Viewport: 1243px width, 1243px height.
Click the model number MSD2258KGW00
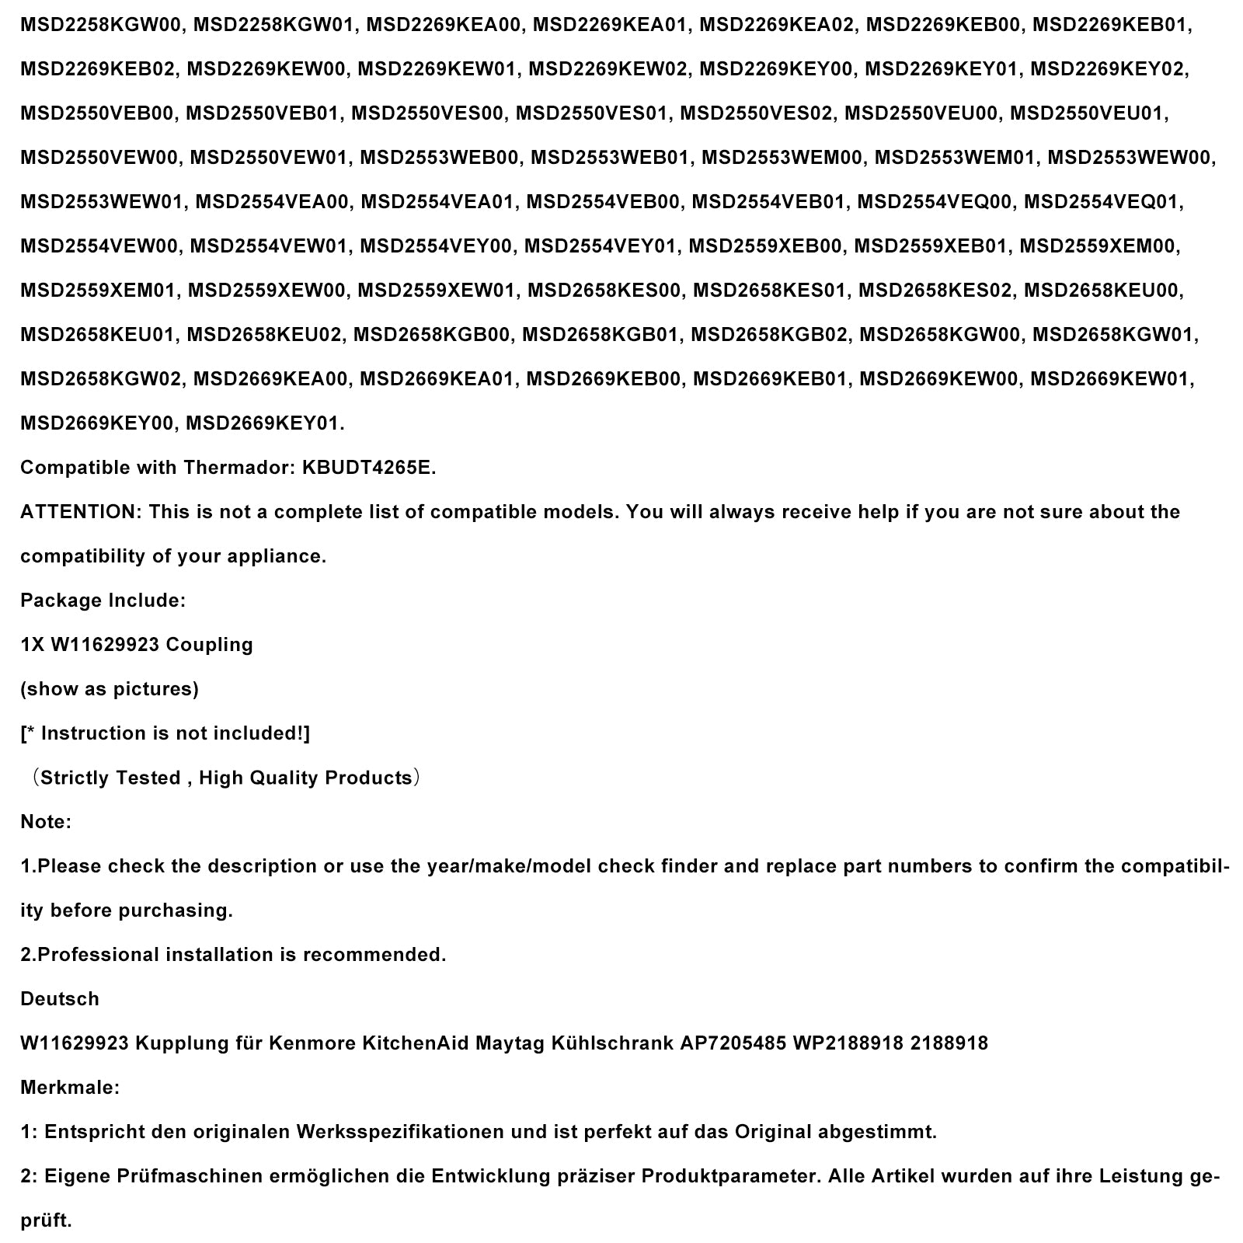(x=102, y=24)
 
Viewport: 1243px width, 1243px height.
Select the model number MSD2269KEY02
(x=1109, y=68)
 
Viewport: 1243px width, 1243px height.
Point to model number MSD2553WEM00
(x=782, y=157)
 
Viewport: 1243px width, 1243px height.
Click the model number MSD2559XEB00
(x=765, y=245)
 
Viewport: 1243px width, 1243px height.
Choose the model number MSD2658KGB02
(x=770, y=334)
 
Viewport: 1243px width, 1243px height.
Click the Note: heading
(x=45, y=821)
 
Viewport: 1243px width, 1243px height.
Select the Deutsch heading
(x=60, y=998)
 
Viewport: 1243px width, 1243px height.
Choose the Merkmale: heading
(x=70, y=1087)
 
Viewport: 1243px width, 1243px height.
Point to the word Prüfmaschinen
(x=183, y=1175)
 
